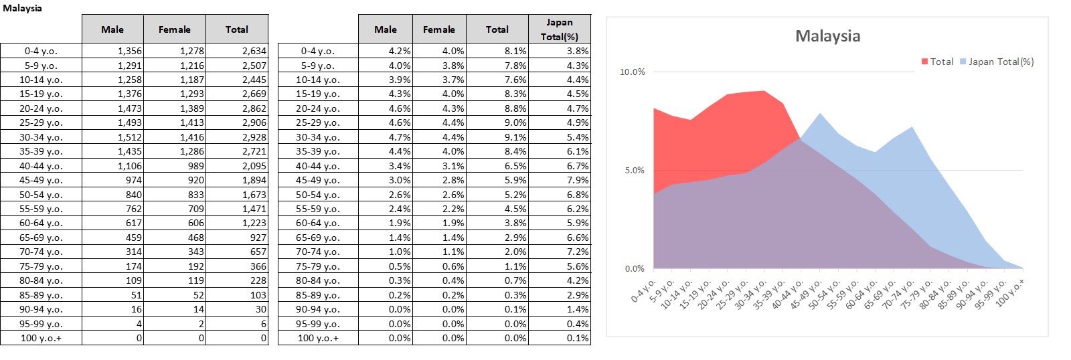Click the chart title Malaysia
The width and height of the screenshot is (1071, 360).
827,36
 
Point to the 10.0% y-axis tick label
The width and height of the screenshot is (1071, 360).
632,72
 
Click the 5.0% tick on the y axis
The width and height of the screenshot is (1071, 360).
635,170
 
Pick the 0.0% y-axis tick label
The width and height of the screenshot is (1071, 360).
635,268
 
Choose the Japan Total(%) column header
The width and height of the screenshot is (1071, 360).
559,29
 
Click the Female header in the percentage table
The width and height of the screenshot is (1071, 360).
438,29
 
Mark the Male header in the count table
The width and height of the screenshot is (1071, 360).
112,29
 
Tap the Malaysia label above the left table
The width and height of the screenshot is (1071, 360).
22,8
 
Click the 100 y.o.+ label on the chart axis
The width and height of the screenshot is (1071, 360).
1010,292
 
